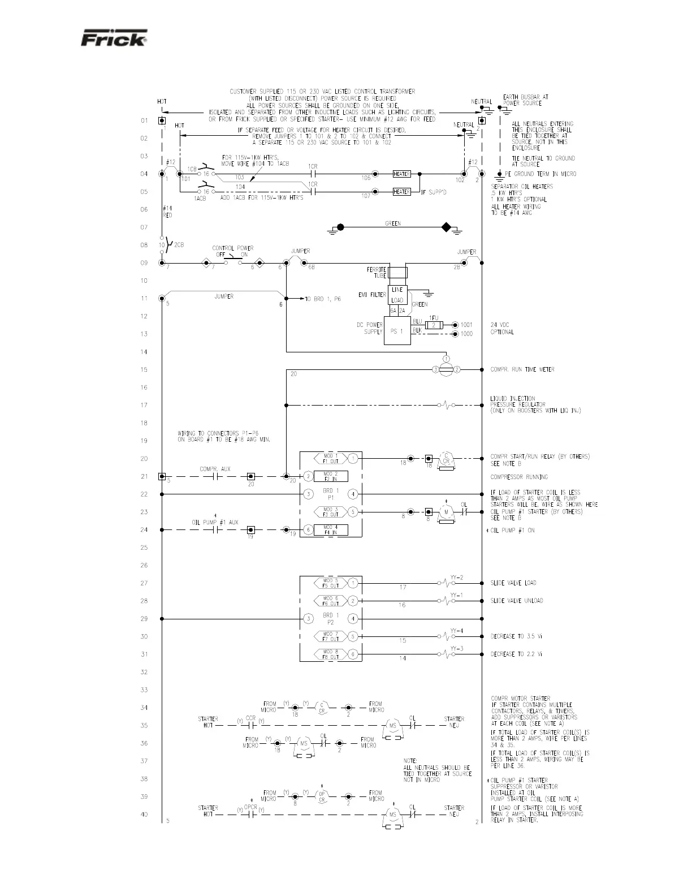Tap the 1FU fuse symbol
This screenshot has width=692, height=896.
click(x=434, y=325)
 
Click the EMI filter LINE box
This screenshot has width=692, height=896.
click(x=397, y=290)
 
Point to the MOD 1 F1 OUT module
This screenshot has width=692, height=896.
click(x=331, y=458)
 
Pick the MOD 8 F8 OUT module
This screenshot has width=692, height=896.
click(x=331, y=654)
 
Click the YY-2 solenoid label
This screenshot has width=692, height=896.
click(x=457, y=578)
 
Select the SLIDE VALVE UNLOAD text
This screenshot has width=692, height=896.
click(x=516, y=601)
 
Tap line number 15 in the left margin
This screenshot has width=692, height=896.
click(x=144, y=370)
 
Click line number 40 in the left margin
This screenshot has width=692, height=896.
click(x=144, y=815)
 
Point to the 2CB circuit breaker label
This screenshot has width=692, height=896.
click(x=179, y=245)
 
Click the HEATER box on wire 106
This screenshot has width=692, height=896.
click(x=401, y=174)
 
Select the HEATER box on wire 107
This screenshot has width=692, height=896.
click(x=401, y=192)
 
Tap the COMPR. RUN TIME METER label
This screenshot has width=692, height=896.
click(x=522, y=370)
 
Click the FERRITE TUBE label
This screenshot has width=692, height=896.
click(x=378, y=273)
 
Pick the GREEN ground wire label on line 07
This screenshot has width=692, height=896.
click(x=393, y=223)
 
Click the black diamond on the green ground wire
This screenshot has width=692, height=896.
click(x=446, y=228)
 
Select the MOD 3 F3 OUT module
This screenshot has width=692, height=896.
click(x=331, y=512)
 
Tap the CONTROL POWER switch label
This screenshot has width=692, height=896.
click(x=232, y=248)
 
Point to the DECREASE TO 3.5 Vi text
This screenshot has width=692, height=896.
click(x=516, y=636)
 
